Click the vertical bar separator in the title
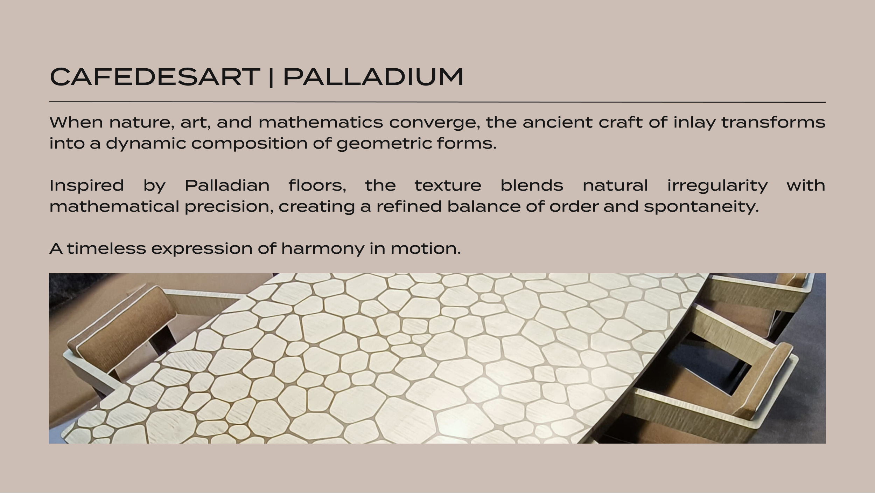coord(271,77)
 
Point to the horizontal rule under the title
coord(437,102)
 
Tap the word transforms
coord(773,122)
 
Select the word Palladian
coord(227,185)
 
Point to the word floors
coord(317,185)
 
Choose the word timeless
coord(106,248)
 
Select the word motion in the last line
coord(426,248)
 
